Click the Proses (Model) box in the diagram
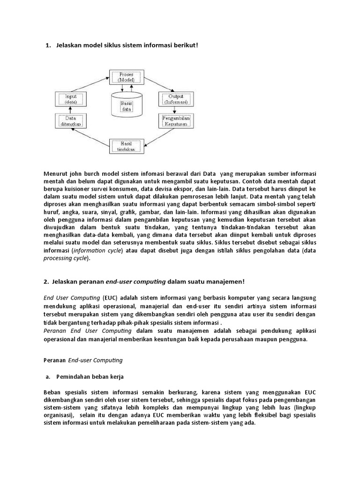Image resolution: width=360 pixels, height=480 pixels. coord(126,77)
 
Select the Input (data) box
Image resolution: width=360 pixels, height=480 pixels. coord(71,99)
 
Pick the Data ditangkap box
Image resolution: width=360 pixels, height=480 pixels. coord(71,121)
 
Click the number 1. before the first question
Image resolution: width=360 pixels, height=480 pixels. coord(48,45)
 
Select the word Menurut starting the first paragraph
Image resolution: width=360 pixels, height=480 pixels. coord(55,173)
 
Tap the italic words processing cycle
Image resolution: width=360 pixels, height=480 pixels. coord(61,258)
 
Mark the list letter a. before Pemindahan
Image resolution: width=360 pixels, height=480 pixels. coord(47,376)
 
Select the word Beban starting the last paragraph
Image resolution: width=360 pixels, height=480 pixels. coord(52,392)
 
